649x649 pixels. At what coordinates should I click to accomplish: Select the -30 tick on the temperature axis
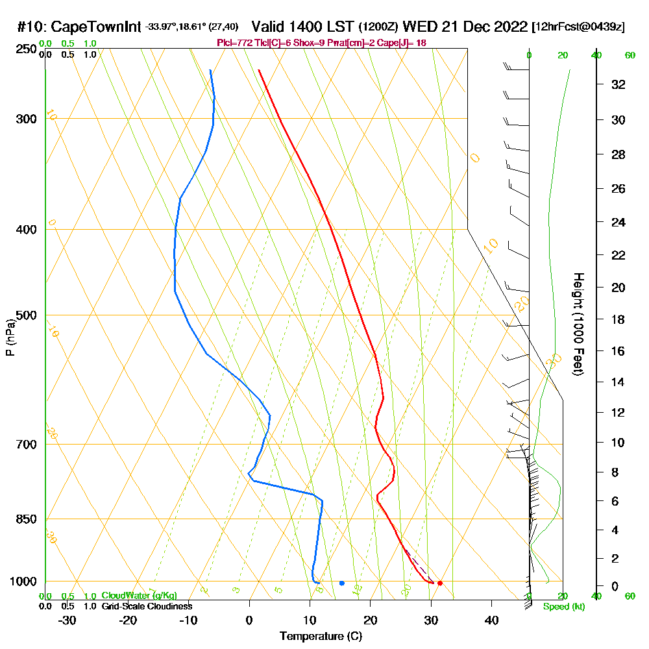coord(67,620)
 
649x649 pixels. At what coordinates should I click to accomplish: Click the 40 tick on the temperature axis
coord(491,620)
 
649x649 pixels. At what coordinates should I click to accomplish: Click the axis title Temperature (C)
coord(321,637)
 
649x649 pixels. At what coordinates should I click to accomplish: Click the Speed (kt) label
coord(563,607)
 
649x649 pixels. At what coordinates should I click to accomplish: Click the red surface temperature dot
coord(440,583)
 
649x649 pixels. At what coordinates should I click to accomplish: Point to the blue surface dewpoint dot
coord(341,583)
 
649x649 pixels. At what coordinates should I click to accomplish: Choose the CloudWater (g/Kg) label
coord(139,596)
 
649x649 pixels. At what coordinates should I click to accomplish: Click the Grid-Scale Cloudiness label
coord(147,606)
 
